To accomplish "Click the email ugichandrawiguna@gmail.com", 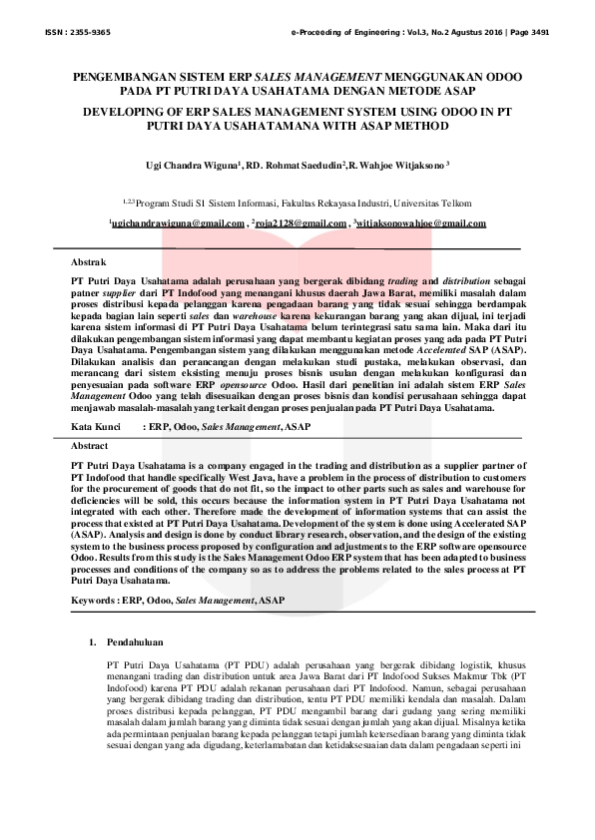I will point(176,223).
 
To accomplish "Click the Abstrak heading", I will point(89,261).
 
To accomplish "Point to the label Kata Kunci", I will point(97,426).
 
